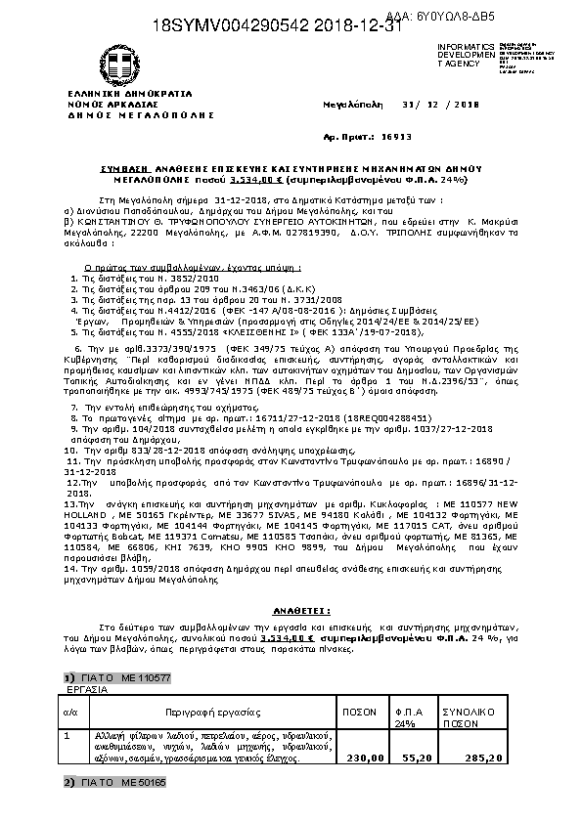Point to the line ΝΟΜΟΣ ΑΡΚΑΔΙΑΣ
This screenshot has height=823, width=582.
[x=112, y=104]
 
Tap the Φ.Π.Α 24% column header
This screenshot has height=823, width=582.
[x=406, y=716]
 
